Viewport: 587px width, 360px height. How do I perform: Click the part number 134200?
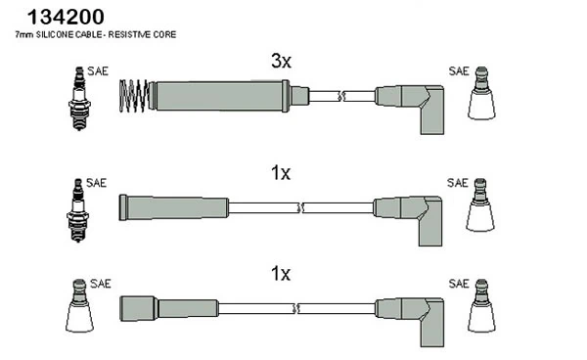66,17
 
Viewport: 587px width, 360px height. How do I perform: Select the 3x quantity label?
281,61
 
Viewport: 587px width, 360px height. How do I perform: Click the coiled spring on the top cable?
133,96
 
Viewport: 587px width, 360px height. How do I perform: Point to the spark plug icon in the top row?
79,98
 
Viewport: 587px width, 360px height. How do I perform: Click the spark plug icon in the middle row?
78,210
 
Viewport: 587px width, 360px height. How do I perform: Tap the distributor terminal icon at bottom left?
79,305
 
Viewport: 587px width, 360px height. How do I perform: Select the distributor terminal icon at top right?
481,93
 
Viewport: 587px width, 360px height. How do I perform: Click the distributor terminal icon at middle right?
480,205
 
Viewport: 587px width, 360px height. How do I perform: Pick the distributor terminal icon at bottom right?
481,305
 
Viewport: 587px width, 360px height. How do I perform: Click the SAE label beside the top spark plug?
98,71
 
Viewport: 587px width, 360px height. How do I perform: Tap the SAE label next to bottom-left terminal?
101,284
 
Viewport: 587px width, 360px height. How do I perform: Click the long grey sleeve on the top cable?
221,96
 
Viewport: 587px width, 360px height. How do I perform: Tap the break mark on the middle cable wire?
300,207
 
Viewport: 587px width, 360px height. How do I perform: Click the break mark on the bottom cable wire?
295,309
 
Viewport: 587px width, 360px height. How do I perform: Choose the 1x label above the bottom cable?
281,274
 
